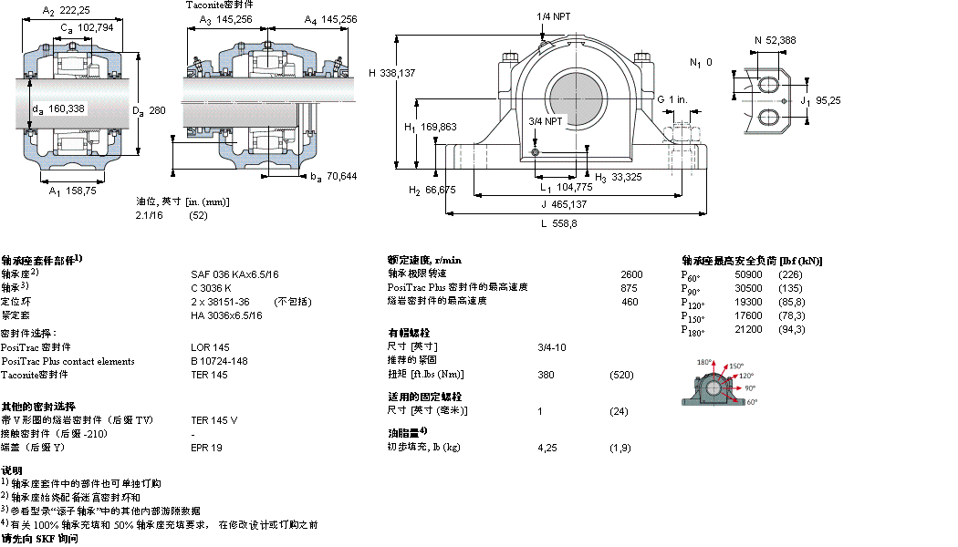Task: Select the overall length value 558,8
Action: pyautogui.click(x=558, y=223)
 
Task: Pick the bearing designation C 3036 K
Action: pyautogui.click(x=212, y=287)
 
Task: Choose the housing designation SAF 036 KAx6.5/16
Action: pyautogui.click(x=234, y=273)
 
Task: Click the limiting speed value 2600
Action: pyautogui.click(x=631, y=273)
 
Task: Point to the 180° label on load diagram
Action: pyautogui.click(x=704, y=363)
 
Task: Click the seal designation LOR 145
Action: pyautogui.click(x=210, y=347)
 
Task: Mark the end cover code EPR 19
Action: pyautogui.click(x=206, y=448)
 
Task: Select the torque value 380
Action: pyautogui.click(x=547, y=375)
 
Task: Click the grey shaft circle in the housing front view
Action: pyautogui.click(x=575, y=98)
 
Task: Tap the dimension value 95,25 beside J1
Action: pyautogui.click(x=828, y=101)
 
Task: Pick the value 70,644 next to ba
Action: pyautogui.click(x=341, y=176)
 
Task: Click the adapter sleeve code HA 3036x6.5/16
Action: pyautogui.click(x=226, y=315)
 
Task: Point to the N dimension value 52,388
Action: pyautogui.click(x=782, y=40)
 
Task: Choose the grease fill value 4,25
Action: pyautogui.click(x=547, y=448)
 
